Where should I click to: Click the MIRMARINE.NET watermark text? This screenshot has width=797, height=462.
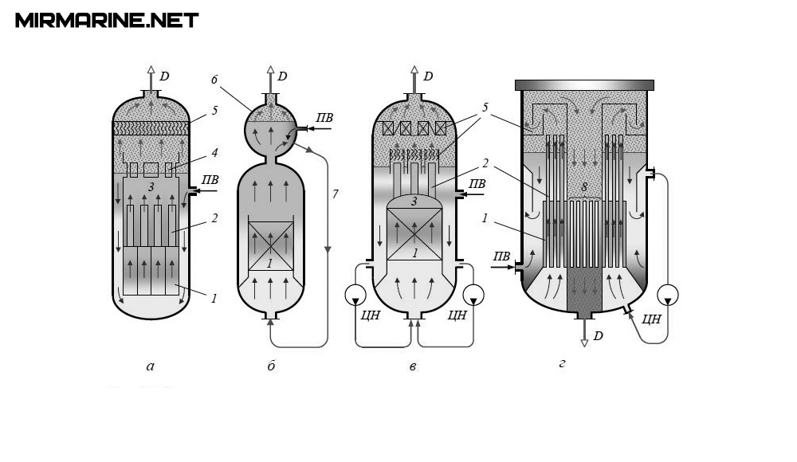click(x=107, y=21)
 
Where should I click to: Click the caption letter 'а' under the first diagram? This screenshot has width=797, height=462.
click(x=151, y=366)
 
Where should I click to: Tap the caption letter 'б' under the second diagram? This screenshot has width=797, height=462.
click(x=272, y=366)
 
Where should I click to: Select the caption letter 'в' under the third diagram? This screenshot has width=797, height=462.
click(x=412, y=367)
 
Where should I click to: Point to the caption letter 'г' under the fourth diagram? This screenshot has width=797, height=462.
click(x=562, y=365)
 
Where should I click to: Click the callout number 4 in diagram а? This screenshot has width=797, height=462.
click(x=214, y=151)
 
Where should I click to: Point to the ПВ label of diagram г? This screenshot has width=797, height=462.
click(x=501, y=256)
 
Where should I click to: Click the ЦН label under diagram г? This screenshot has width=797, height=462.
click(x=651, y=319)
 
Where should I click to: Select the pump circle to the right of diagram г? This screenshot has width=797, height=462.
click(x=668, y=295)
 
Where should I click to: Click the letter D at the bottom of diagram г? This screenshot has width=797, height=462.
click(x=598, y=335)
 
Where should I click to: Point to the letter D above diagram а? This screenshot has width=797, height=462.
click(x=164, y=76)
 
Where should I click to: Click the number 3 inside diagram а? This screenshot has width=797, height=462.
click(x=150, y=186)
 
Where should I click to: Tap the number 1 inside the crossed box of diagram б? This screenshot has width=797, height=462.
click(x=270, y=262)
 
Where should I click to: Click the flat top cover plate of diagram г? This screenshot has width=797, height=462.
click(x=585, y=84)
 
